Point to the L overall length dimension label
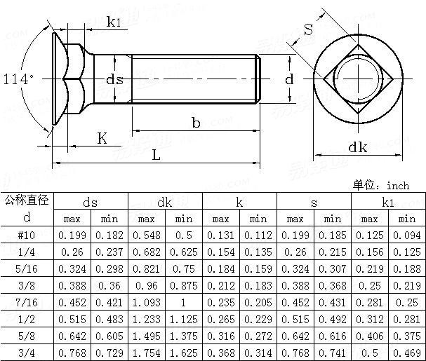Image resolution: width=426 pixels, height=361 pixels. pyautogui.click(x=156, y=156)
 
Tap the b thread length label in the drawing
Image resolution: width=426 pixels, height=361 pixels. pyautogui.click(x=196, y=123)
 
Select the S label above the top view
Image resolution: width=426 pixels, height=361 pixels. pyautogui.click(x=308, y=29)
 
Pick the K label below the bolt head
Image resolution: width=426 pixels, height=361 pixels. pyautogui.click(x=102, y=139)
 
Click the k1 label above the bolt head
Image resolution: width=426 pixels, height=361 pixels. pyautogui.click(x=114, y=22)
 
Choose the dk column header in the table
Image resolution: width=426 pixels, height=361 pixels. pyautogui.click(x=165, y=202)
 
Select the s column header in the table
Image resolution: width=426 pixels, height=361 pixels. pyautogui.click(x=314, y=202)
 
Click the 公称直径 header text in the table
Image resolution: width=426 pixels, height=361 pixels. pyautogui.click(x=27, y=200)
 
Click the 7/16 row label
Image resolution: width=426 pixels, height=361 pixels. pyautogui.click(x=27, y=302)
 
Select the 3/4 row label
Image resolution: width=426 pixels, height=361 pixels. pyautogui.click(x=27, y=353)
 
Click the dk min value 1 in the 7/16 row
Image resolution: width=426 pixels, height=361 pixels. pyautogui.click(x=183, y=302)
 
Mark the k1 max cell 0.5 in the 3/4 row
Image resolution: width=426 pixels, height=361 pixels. pyautogui.click(x=369, y=353)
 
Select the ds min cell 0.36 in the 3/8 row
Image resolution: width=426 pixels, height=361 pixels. pyautogui.click(x=109, y=285)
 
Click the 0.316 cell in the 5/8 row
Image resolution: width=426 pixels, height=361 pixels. pyautogui.click(x=220, y=336)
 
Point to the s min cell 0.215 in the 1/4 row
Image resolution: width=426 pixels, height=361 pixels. pyautogui.click(x=332, y=252)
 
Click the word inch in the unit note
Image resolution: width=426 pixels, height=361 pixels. pyautogui.click(x=397, y=186)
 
